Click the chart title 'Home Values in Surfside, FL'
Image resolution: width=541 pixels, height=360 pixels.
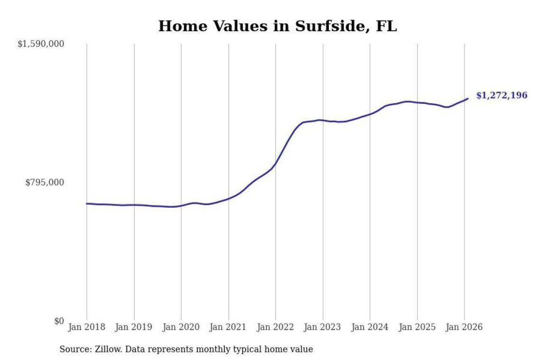click(277, 26)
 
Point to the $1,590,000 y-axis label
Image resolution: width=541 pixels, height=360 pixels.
click(41, 44)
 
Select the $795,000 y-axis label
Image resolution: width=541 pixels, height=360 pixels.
click(45, 183)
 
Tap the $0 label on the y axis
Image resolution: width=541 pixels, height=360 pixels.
click(59, 321)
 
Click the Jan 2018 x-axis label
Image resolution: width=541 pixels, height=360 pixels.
click(87, 327)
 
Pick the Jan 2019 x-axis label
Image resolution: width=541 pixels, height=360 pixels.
click(134, 327)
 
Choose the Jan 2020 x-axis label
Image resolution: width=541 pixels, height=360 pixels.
click(181, 327)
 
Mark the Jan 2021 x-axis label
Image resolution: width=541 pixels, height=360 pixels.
click(228, 327)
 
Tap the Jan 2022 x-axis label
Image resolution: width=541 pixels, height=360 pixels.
click(276, 327)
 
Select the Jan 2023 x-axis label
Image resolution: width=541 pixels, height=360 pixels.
click(323, 327)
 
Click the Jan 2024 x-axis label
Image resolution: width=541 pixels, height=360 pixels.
click(370, 327)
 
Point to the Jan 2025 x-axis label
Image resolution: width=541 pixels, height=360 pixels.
click(417, 327)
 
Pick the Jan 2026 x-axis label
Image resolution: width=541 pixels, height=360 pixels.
click(465, 327)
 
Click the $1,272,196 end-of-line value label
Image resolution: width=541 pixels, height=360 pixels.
click(502, 96)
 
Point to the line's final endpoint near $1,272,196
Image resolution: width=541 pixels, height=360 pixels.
click(468, 99)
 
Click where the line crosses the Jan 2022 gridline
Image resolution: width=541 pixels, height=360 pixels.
click(276, 164)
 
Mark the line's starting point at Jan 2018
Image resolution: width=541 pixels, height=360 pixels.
click(87, 203)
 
